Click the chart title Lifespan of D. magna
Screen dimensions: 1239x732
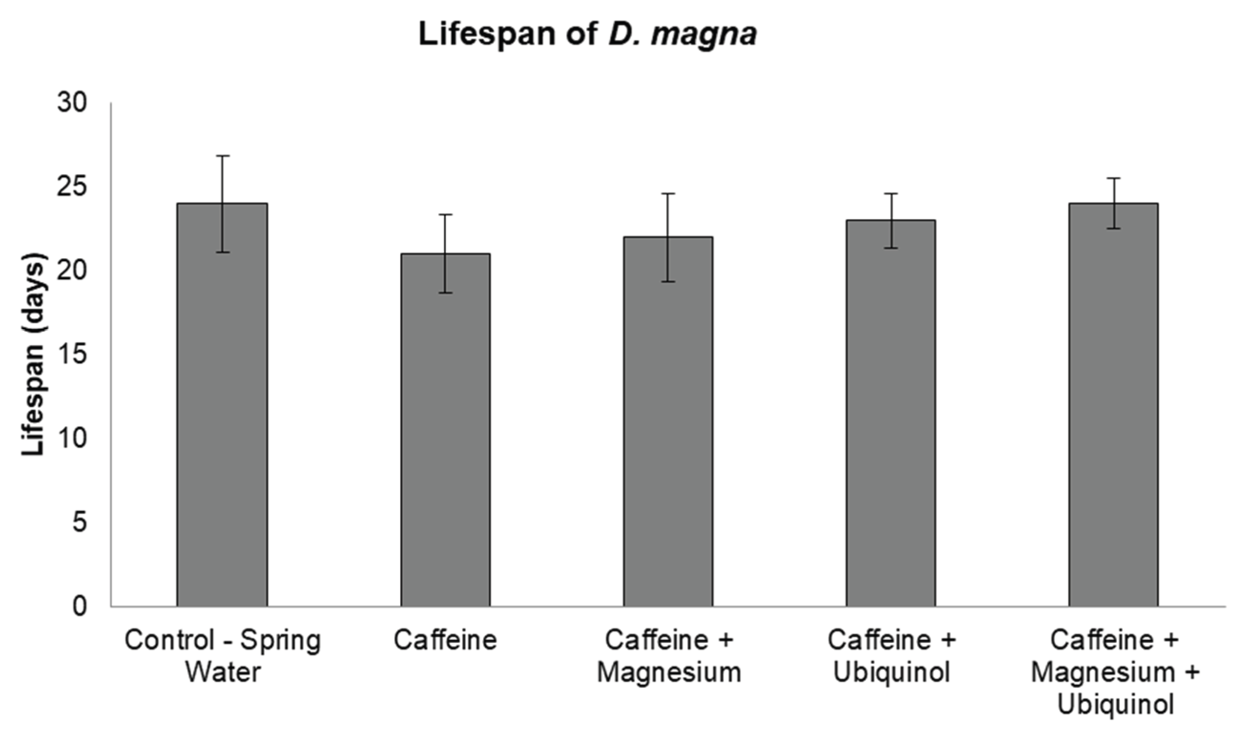pyautogui.click(x=588, y=35)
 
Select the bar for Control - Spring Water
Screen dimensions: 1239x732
pyautogui.click(x=222, y=405)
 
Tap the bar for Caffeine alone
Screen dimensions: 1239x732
pyautogui.click(x=445, y=430)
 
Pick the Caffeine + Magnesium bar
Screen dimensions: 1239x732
pyautogui.click(x=668, y=422)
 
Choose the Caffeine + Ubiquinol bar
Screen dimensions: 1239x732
pyautogui.click(x=890, y=413)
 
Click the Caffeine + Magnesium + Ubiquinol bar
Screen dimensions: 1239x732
pyautogui.click(x=1114, y=405)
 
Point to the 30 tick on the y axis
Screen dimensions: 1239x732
pyautogui.click(x=72, y=103)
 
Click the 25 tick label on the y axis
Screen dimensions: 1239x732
pyautogui.click(x=72, y=187)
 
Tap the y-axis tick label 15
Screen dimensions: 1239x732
pyautogui.click(x=72, y=355)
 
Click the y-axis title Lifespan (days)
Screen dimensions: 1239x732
pyautogui.click(x=33, y=354)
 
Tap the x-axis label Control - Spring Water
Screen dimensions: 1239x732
pyautogui.click(x=223, y=657)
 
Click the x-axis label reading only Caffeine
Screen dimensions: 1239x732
pyautogui.click(x=445, y=640)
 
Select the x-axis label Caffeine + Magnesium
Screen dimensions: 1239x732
pyautogui.click(x=669, y=657)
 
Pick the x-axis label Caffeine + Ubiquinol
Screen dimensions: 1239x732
pyautogui.click(x=891, y=657)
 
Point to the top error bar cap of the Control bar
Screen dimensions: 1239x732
pyautogui.click(x=222, y=156)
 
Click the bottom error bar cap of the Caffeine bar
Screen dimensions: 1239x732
pyautogui.click(x=445, y=293)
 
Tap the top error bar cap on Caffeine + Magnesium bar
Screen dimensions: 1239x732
pyautogui.click(x=668, y=194)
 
